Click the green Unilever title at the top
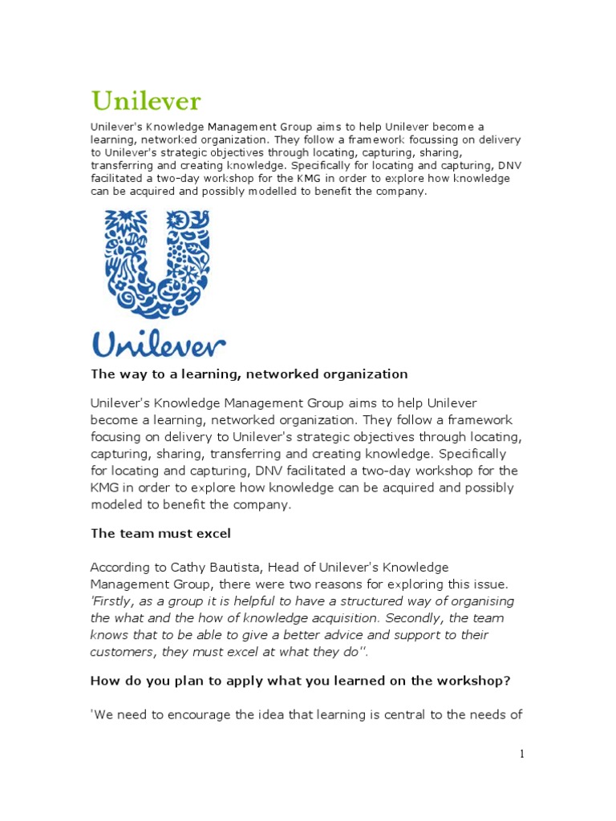pos(146,102)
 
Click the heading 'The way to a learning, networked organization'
pos(249,374)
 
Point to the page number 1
pos(521,754)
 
